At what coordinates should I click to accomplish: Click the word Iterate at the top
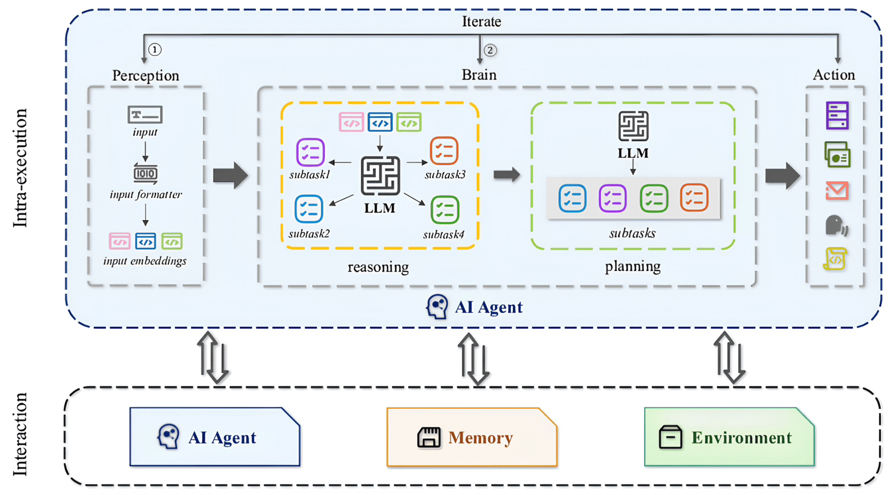pyautogui.click(x=481, y=22)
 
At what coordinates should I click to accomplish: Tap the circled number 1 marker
pyautogui.click(x=155, y=50)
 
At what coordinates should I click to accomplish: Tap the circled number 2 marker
pyautogui.click(x=490, y=50)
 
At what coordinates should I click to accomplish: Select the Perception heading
pyautogui.click(x=146, y=75)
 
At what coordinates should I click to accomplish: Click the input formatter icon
pyautogui.click(x=145, y=173)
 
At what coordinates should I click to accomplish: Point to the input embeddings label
pyautogui.click(x=145, y=261)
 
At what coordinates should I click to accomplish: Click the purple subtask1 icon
pyautogui.click(x=310, y=152)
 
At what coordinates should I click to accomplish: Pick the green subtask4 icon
pyautogui.click(x=445, y=210)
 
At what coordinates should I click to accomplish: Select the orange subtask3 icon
pyautogui.click(x=444, y=151)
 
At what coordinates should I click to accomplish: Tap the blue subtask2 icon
pyautogui.click(x=309, y=209)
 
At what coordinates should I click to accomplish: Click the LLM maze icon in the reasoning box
pyautogui.click(x=380, y=176)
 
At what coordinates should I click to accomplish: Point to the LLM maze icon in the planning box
pyautogui.click(x=633, y=126)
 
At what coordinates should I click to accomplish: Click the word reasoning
pyautogui.click(x=378, y=267)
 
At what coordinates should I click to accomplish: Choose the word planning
pyautogui.click(x=633, y=266)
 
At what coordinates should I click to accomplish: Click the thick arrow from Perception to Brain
pyautogui.click(x=230, y=175)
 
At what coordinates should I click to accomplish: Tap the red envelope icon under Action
pyautogui.click(x=837, y=191)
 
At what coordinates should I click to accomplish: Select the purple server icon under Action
pyautogui.click(x=837, y=115)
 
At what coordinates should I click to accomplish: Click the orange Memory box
pyautogui.click(x=471, y=438)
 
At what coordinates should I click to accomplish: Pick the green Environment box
pyautogui.click(x=729, y=438)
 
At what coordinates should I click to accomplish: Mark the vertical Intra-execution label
pyautogui.click(x=21, y=167)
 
